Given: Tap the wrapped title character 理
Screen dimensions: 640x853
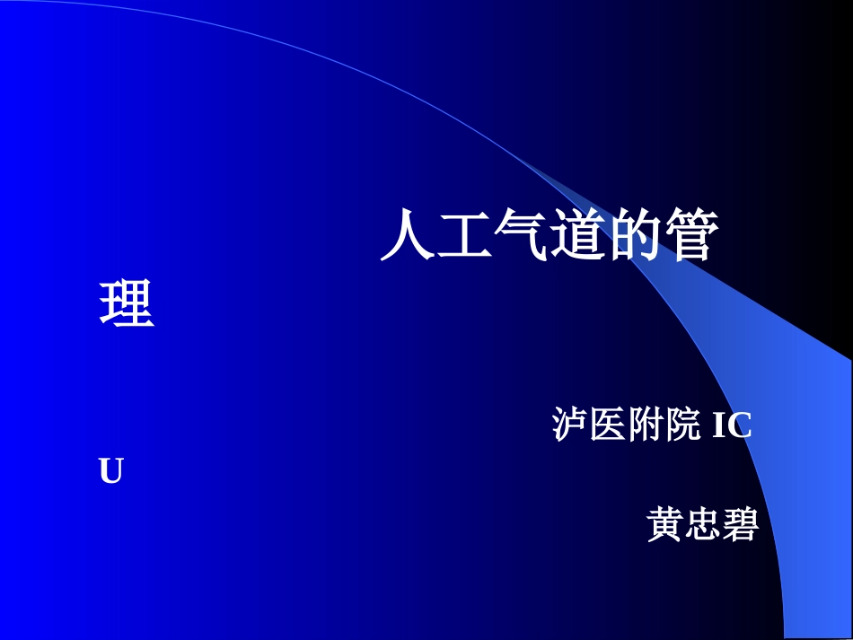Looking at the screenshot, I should [127, 303].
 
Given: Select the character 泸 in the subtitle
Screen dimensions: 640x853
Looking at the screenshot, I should [570, 425].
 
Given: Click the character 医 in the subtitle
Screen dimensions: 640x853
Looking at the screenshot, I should [608, 425].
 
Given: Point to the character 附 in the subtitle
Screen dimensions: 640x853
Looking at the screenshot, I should [646, 425].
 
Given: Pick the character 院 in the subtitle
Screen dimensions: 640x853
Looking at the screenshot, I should [682, 425].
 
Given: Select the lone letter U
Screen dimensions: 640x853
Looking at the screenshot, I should [110, 472].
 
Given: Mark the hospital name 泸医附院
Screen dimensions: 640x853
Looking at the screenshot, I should [626, 425].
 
